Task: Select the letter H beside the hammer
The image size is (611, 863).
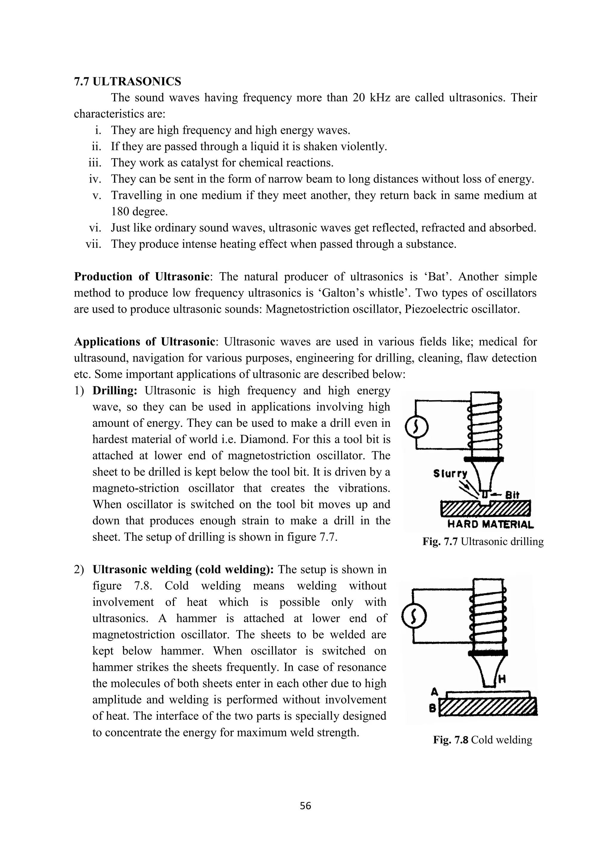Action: [x=502, y=679]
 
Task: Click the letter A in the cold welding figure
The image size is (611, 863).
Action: [x=435, y=692]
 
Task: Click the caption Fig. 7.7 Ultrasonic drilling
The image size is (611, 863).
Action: [x=483, y=542]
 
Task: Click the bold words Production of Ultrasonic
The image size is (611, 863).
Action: [x=141, y=277]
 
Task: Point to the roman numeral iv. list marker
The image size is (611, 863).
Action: [x=95, y=179]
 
